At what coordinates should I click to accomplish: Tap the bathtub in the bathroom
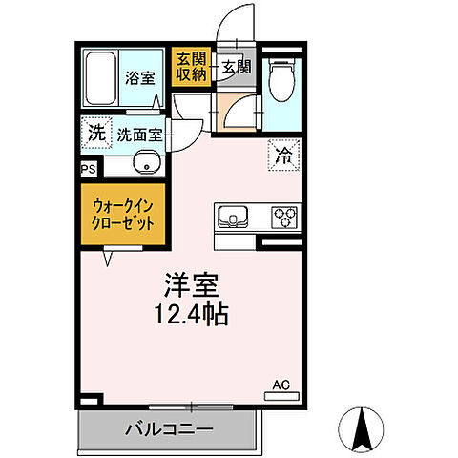[102, 78]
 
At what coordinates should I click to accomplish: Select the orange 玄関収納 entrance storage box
[189, 70]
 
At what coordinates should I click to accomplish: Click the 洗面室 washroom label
[139, 135]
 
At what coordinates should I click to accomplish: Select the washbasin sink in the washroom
[146, 163]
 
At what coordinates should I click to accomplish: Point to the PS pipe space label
[88, 172]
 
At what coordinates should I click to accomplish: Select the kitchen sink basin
[234, 216]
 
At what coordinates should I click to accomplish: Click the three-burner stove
[284, 217]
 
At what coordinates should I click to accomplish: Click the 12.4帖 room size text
[195, 315]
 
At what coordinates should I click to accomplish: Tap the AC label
[281, 385]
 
